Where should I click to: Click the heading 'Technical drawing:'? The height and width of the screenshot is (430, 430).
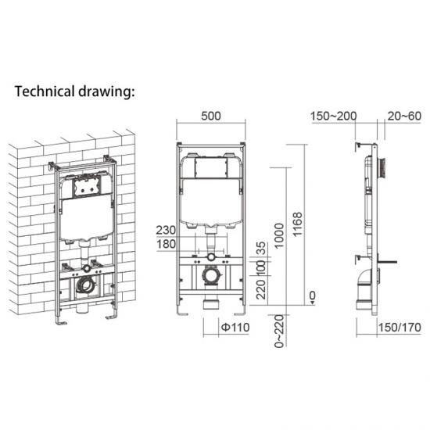coord(76,91)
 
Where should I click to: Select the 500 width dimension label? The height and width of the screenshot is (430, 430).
coord(211,116)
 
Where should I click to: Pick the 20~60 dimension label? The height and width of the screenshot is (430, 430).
coord(403,116)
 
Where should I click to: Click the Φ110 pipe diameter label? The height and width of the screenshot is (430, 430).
coord(234,326)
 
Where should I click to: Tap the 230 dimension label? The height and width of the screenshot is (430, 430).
coord(165,231)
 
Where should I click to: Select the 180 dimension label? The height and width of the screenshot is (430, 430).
coord(165,245)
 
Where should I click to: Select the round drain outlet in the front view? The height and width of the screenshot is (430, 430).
coord(210,276)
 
